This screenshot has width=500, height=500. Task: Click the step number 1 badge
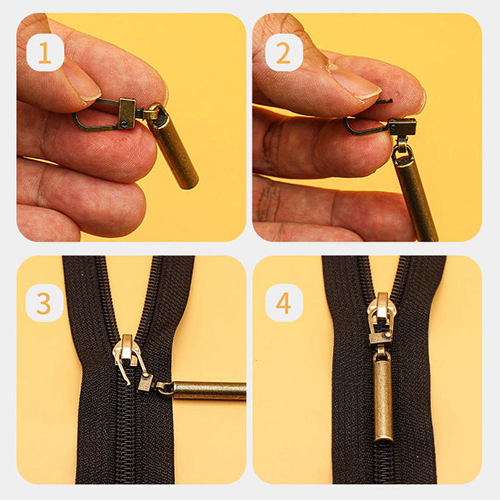tap(45, 52)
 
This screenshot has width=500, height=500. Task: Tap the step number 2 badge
tap(284, 52)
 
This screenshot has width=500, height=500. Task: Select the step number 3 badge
tap(44, 303)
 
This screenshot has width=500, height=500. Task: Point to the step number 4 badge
tap(284, 303)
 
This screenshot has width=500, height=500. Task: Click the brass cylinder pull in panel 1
tap(174, 149)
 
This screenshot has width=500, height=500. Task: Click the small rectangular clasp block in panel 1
tap(127, 113)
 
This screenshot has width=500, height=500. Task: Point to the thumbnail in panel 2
tap(357, 81)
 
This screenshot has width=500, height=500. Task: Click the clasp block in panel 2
tap(402, 126)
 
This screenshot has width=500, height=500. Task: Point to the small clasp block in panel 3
tap(145, 382)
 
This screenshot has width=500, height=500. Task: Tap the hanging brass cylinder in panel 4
tap(382, 397)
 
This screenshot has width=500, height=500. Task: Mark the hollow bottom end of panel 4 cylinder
tap(382, 439)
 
